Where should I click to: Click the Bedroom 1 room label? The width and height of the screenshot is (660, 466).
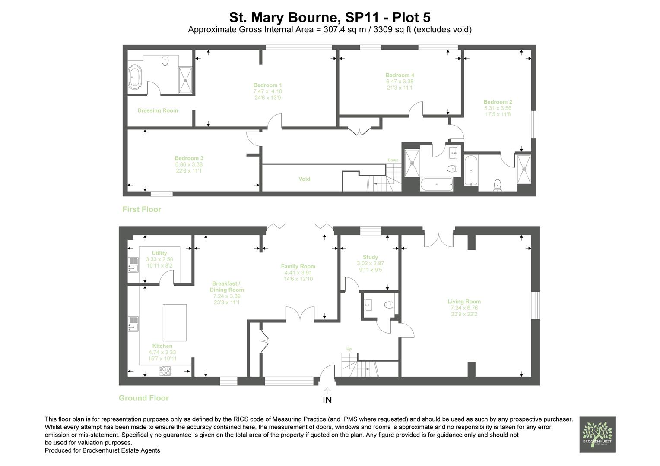pos(267,85)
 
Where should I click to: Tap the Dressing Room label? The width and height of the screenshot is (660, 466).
pos(158,110)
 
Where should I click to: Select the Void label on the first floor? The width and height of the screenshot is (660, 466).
pos(304,179)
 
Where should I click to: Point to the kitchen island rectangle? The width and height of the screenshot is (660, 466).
pos(175,322)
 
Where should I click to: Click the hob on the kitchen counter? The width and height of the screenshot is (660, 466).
pos(165,371)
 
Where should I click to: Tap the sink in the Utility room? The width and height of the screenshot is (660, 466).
pos(133,264)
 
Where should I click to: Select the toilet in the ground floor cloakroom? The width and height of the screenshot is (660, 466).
pos(389,305)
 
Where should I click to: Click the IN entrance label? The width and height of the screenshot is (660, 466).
pos(327,400)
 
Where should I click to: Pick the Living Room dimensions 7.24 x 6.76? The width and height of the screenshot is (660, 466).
pos(464,308)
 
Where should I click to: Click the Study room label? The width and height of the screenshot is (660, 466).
pos(370,257)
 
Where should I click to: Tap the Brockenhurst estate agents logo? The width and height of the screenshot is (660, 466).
pos(597,434)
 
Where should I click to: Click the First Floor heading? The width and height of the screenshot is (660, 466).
pos(142,210)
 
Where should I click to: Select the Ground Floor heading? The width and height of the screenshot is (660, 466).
pos(143,398)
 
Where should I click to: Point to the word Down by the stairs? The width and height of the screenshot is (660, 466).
pos(393,160)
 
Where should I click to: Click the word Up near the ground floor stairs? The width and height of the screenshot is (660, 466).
pos(349,349)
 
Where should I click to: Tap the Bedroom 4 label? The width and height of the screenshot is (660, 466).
pos(400,75)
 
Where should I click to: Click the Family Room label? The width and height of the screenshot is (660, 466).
pos(298,266)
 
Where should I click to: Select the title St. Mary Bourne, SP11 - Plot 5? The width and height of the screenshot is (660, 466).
pos(330,18)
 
